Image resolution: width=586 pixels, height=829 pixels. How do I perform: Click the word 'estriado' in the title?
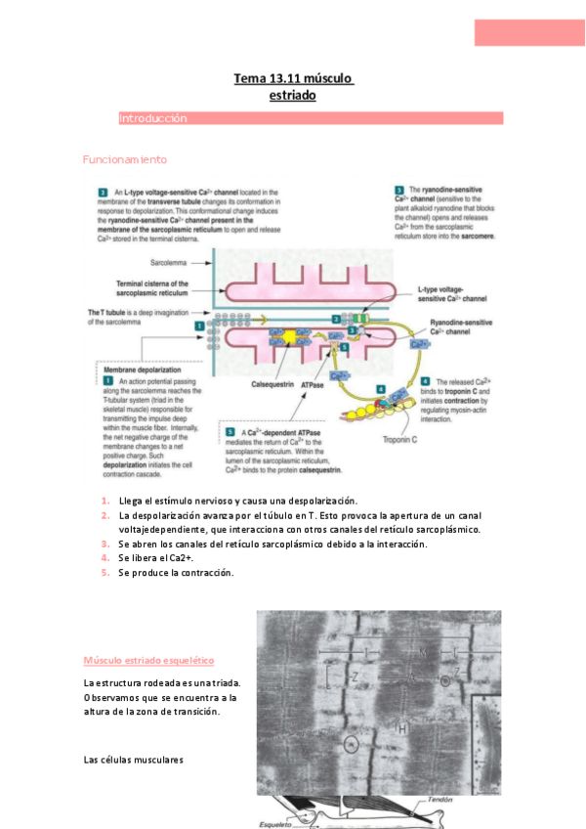coord(293,95)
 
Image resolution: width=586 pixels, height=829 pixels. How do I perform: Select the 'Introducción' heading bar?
coord(311,118)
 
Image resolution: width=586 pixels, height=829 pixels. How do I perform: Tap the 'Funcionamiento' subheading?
coord(125,159)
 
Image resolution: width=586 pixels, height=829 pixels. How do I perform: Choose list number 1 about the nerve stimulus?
coord(105,501)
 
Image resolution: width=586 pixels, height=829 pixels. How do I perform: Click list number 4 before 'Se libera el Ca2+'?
coord(105,557)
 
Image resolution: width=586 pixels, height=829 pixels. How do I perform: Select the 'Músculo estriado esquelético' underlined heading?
coord(148,661)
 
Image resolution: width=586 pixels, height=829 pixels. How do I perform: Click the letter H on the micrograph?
coord(402,727)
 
